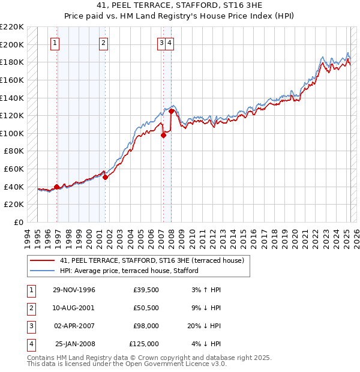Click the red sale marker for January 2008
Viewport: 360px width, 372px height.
172,111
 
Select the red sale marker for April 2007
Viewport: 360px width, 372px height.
163,135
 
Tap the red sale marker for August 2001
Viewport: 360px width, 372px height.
105,177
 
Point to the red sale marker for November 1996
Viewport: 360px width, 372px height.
57,187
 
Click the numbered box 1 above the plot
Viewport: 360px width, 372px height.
55,43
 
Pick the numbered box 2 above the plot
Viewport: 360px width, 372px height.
104,43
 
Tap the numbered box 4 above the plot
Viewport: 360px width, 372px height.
170,43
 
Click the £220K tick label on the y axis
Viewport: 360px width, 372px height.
12,27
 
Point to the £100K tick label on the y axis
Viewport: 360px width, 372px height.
12,133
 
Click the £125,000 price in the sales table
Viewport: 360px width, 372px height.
144,344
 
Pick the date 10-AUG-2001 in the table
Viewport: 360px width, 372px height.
74,308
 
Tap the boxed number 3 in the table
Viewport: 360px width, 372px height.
31,326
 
